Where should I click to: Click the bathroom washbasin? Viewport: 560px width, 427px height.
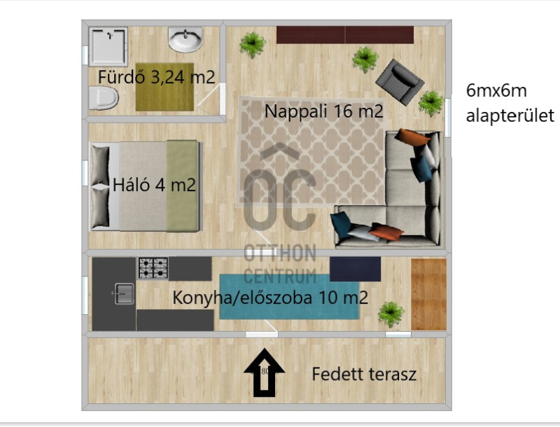pos(185,40)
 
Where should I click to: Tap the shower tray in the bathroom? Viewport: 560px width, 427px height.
pos(108,47)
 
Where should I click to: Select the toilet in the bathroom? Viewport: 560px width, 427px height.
pos(103,98)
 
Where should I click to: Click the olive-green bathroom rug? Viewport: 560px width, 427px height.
pos(164,87)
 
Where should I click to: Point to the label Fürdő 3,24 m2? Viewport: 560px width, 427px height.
pos(156,77)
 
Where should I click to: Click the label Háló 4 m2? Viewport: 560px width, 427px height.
pos(154,185)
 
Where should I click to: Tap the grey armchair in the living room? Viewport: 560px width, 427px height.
pos(400,82)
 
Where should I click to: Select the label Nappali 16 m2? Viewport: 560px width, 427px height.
pos(323,111)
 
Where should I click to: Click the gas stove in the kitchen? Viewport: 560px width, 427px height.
pos(153,268)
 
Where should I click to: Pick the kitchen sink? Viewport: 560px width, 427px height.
pos(125,293)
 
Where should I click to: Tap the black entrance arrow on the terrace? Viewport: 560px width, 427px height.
pos(265,372)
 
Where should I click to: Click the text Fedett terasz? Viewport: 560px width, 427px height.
pos(364,374)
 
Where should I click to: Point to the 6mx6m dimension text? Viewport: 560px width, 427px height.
pos(496,91)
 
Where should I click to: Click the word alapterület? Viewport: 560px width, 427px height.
pos(510,115)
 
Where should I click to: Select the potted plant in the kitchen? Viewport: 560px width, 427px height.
pos(391,314)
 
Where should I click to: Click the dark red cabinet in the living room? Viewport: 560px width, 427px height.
pos(345,34)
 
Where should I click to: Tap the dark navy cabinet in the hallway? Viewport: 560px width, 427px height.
pos(355,269)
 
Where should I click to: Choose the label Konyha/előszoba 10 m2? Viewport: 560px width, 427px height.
pos(270,297)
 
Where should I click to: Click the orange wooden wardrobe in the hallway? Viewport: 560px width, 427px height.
pos(428,295)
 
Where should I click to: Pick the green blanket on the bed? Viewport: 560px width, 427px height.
pos(183,185)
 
